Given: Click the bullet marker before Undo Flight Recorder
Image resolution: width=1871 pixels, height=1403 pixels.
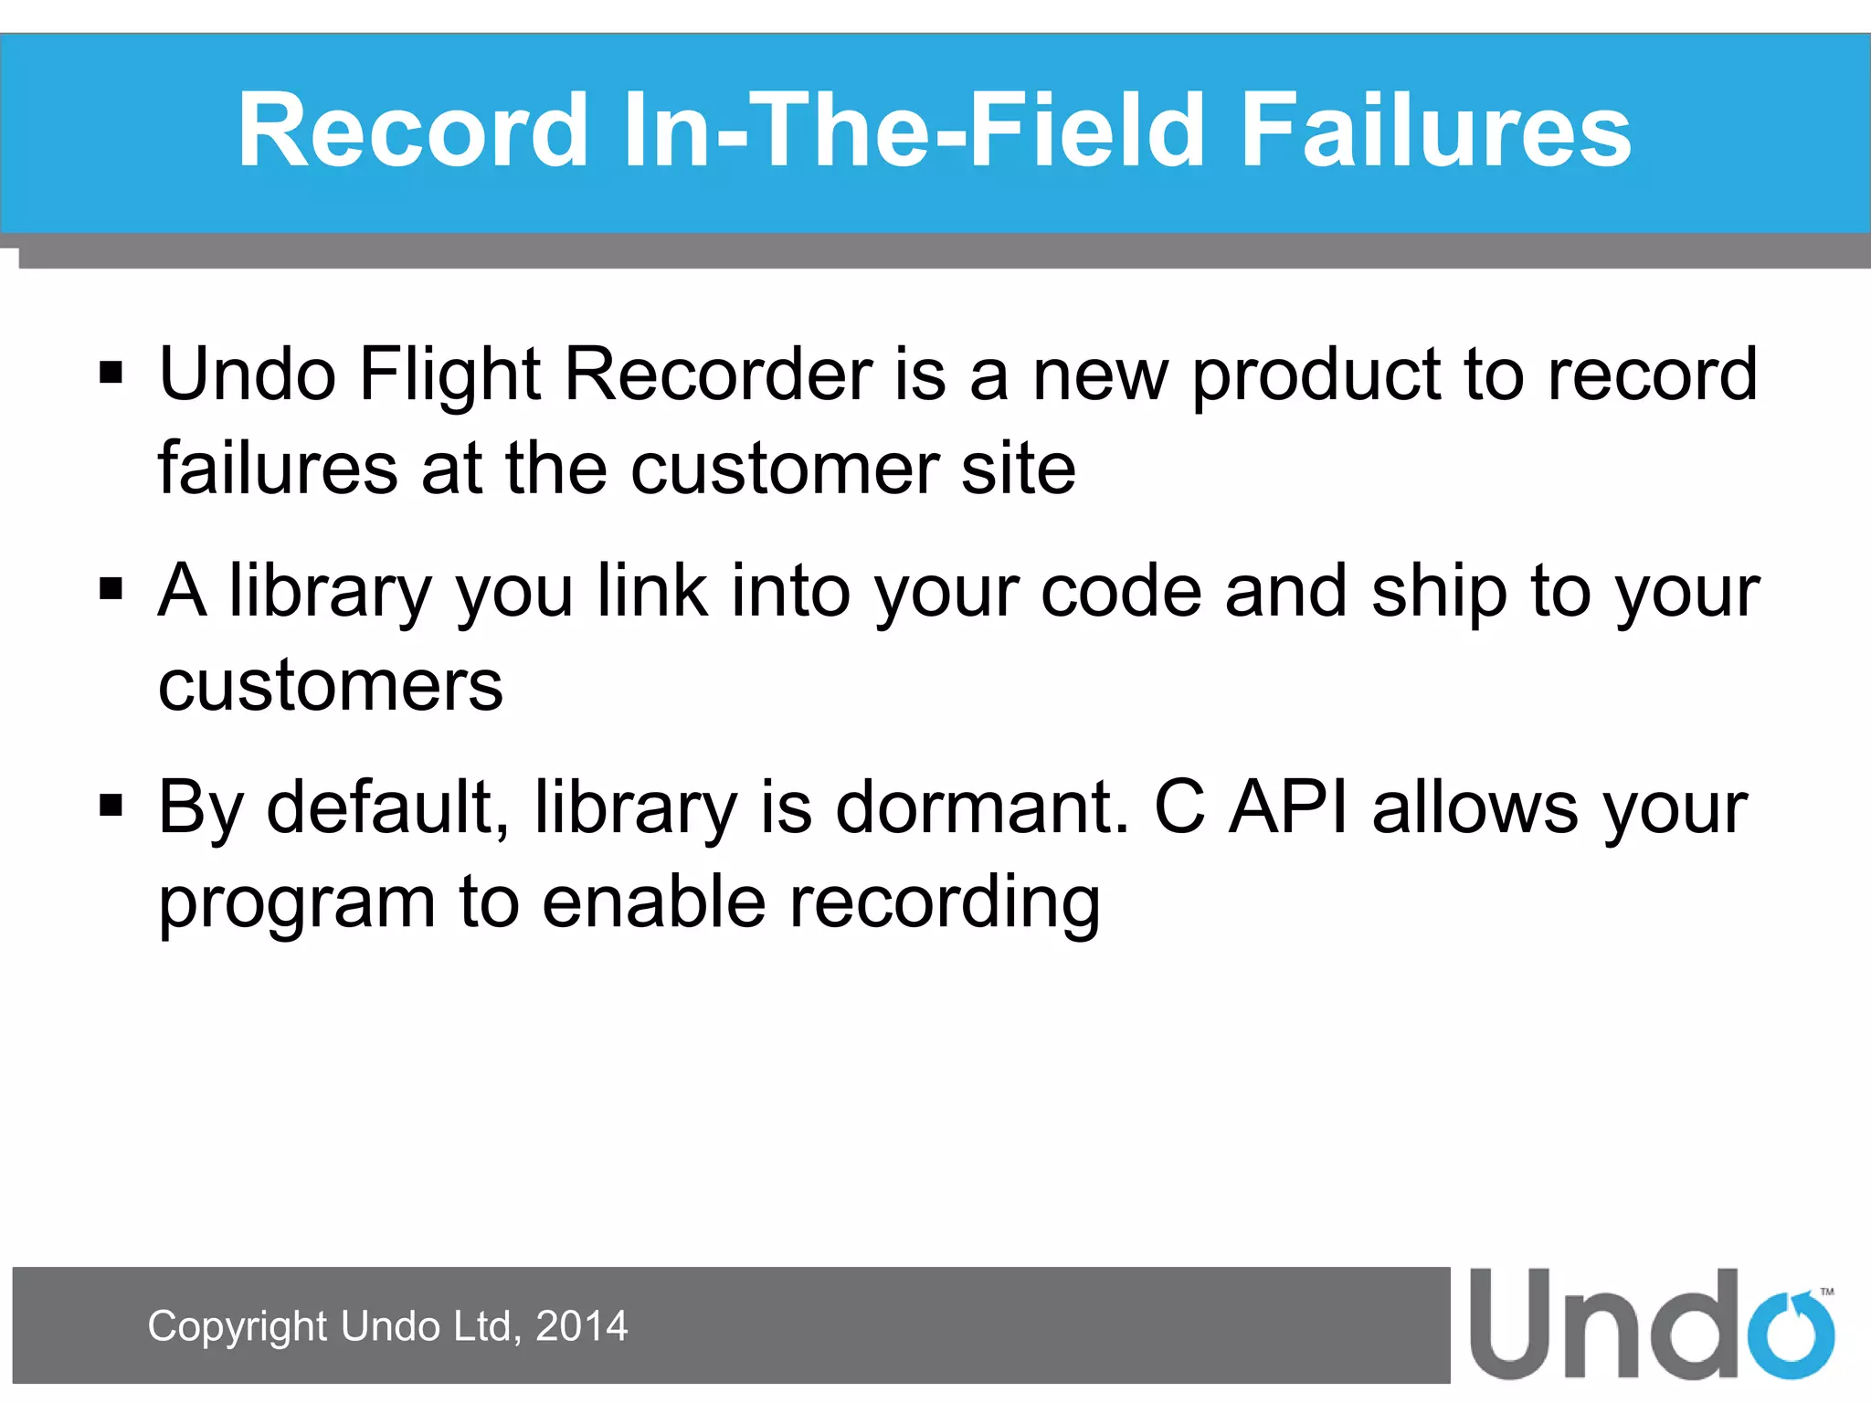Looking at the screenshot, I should pyautogui.click(x=111, y=374).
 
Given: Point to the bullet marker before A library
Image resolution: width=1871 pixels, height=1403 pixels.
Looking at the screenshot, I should pyautogui.click(x=111, y=590).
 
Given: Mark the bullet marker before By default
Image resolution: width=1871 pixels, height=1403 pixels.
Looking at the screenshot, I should pyautogui.click(x=111, y=807).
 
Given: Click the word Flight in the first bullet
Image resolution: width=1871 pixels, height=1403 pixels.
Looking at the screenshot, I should pyautogui.click(x=450, y=374).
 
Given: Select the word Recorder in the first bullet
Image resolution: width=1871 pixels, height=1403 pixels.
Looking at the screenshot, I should pyautogui.click(x=718, y=374).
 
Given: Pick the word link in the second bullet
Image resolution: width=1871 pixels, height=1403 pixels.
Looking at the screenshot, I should pyautogui.click(x=652, y=591).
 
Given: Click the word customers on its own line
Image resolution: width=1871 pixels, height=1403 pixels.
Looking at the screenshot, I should pyautogui.click(x=331, y=686).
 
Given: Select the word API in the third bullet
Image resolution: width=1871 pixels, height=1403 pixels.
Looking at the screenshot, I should pyautogui.click(x=1288, y=807).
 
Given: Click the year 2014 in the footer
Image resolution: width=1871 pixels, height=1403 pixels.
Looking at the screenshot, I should pyautogui.click(x=582, y=1325).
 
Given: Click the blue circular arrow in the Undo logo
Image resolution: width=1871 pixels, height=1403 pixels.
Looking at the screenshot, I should pyautogui.click(x=1790, y=1334).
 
